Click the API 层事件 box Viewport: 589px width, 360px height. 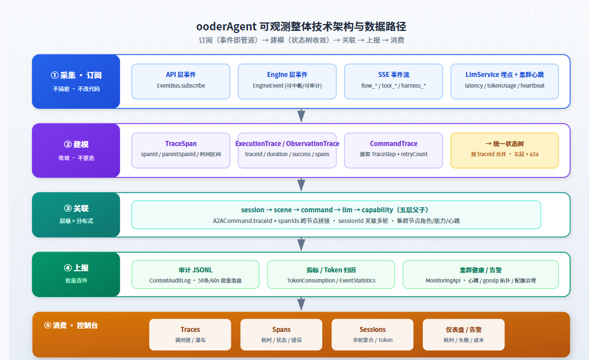click(181, 81)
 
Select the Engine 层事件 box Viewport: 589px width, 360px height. click(287, 81)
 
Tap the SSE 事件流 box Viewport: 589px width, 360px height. click(393, 81)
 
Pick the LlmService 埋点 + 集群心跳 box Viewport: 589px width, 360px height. click(504, 81)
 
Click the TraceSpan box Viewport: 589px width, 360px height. click(181, 151)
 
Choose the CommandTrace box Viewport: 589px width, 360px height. click(393, 151)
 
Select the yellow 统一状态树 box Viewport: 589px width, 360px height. click(504, 151)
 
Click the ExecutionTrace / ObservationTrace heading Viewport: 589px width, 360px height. click(287, 144)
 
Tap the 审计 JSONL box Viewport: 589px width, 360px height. click(195, 274)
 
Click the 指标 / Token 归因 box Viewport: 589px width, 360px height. click(331, 274)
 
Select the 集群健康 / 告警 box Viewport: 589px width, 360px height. click(481, 274)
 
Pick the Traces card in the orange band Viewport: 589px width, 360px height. click(190, 335)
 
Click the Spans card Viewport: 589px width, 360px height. click(281, 335)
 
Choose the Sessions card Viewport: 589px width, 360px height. click(373, 335)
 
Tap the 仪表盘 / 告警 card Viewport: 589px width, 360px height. click(464, 335)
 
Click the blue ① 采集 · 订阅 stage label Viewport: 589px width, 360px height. click(76, 81)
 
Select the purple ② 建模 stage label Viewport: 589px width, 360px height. click(76, 151)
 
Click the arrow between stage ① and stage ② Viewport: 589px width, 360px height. click(301, 116)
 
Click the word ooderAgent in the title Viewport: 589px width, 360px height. click(226, 27)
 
